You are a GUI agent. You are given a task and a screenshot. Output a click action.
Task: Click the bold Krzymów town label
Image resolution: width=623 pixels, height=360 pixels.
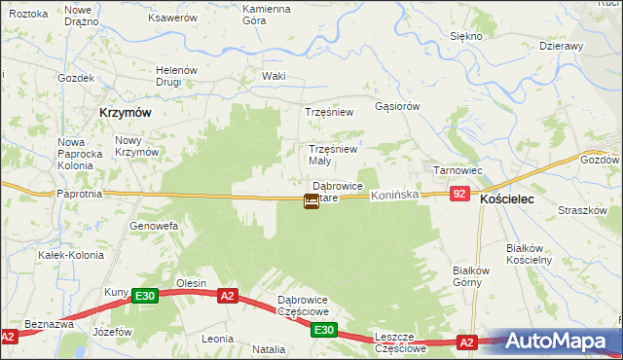tap(125, 113)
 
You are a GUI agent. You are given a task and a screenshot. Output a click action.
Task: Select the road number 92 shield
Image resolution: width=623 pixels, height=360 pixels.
tap(460, 195)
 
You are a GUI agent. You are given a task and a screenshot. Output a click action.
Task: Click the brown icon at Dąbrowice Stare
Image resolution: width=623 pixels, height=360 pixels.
tap(311, 201)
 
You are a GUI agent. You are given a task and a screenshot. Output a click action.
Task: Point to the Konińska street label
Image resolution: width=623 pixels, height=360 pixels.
tap(394, 195)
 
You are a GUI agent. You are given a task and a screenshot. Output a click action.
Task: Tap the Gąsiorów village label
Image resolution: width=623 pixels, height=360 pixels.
tap(397, 106)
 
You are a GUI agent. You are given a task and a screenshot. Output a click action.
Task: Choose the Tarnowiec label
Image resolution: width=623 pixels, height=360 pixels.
tap(458, 170)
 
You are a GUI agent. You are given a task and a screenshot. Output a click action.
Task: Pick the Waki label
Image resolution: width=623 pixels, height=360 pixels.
tap(274, 76)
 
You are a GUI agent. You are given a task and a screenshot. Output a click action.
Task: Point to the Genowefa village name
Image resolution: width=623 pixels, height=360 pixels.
tap(154, 226)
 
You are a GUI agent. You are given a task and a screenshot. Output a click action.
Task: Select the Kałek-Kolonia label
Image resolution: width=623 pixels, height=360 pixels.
tap(64, 255)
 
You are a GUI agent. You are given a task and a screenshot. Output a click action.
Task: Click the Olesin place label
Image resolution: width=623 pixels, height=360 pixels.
tap(190, 283)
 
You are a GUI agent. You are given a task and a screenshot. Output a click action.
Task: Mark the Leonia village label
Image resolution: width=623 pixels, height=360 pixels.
tap(216, 339)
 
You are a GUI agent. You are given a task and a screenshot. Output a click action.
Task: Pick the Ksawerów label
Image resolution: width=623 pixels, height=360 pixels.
tap(170, 18)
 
